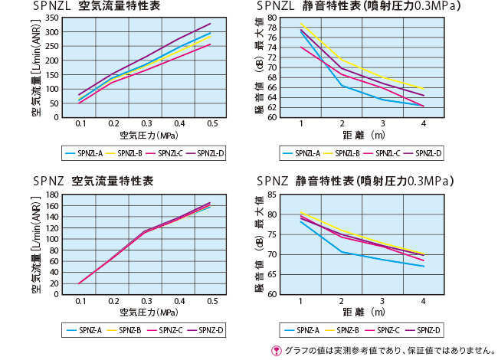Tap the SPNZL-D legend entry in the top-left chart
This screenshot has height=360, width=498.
tap(205, 153)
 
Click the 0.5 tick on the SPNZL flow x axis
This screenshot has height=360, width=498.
tap(211, 124)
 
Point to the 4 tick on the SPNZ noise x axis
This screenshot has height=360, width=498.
tap(423, 300)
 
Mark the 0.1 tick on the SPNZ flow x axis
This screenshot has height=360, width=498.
tap(80, 300)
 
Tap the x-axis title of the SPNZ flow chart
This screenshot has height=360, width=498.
tap(146, 312)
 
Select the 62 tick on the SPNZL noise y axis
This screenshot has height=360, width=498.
tap(271, 106)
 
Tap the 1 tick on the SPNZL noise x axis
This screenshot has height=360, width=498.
tap(301, 124)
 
